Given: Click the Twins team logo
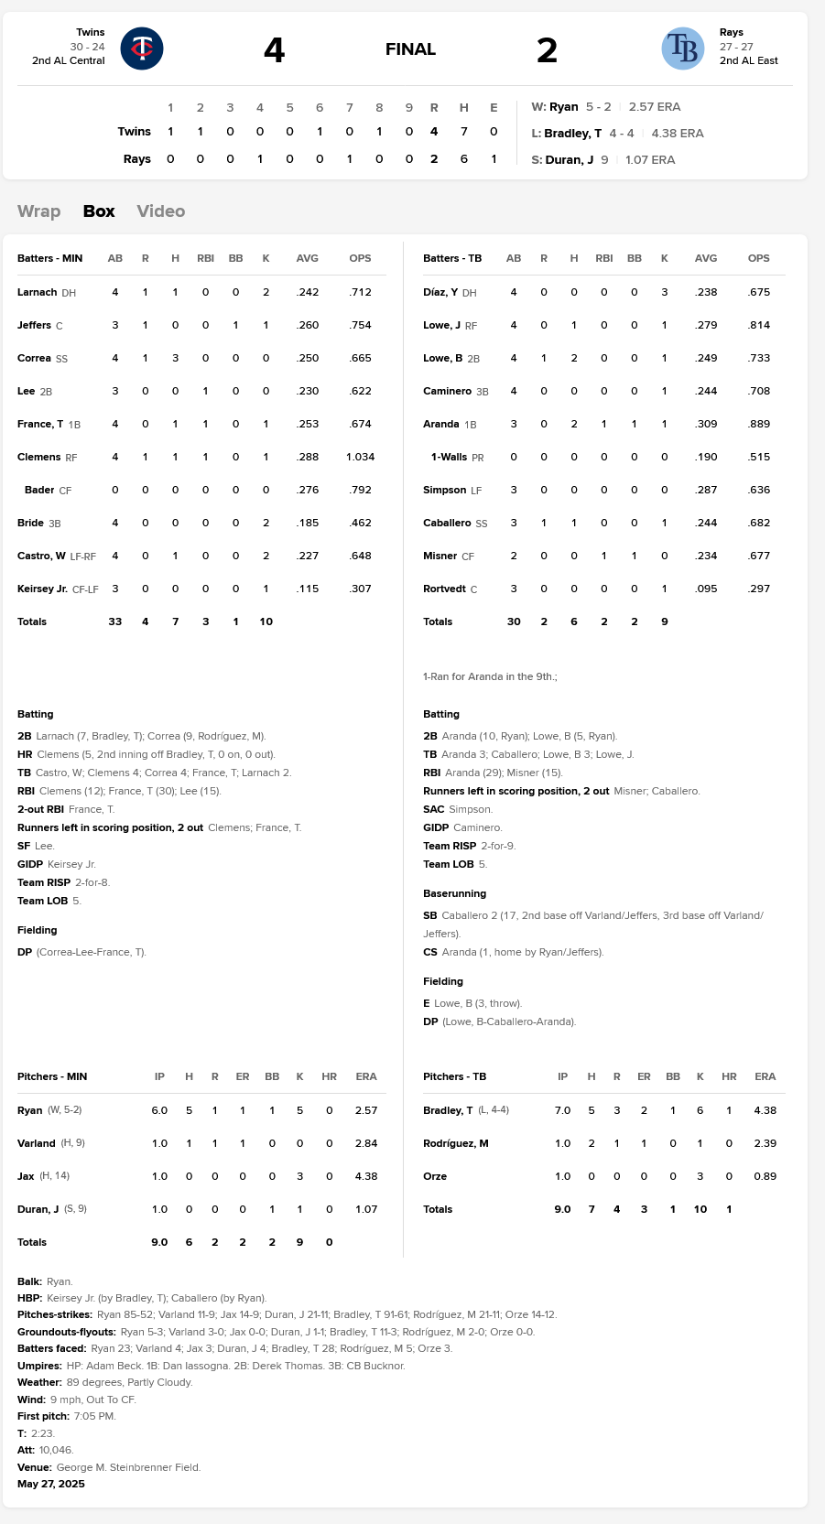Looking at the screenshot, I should [x=142, y=49].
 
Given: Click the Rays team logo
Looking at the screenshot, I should [x=682, y=49].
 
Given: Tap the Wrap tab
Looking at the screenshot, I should [x=38, y=211].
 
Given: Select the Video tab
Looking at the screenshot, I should [x=160, y=211].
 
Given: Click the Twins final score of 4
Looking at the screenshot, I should [x=274, y=50].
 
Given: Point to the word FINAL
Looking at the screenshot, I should [x=410, y=49].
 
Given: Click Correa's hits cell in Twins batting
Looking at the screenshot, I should [x=175, y=359].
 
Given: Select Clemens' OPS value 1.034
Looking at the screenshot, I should [x=360, y=457].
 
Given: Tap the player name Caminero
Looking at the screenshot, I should [x=447, y=392].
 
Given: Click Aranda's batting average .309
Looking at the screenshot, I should [x=705, y=425].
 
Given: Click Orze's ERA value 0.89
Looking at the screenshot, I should [x=765, y=1176].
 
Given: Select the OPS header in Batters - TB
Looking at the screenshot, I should [x=758, y=259].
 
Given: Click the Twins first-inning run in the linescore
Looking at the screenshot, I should [x=170, y=132].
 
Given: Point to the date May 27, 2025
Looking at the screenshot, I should [x=51, y=1484].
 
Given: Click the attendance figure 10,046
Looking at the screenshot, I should [x=56, y=1450].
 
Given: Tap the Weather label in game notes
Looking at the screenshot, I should [x=39, y=1382].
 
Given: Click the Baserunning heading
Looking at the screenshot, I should [x=454, y=893].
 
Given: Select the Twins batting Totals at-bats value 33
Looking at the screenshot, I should [x=115, y=622].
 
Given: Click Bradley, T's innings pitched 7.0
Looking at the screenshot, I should [x=562, y=1110].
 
